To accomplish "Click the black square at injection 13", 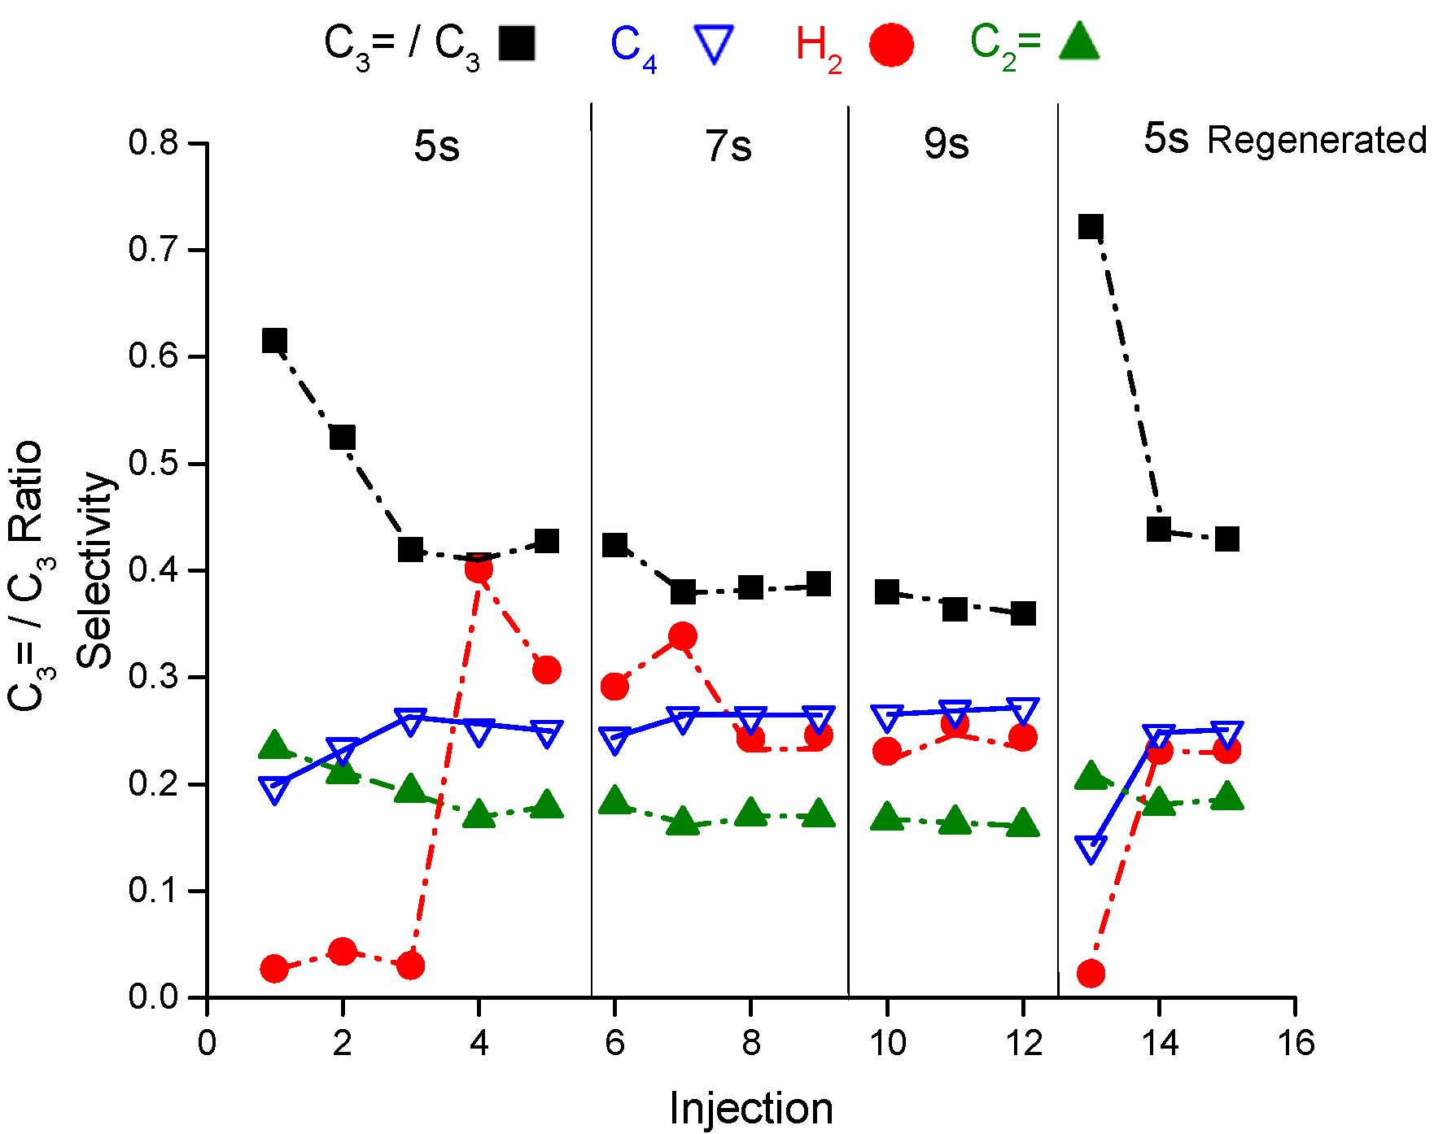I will (x=1091, y=226).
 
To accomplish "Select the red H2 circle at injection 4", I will (x=479, y=569).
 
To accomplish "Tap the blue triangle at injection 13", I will (x=1091, y=848).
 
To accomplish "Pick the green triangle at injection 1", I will (x=275, y=744).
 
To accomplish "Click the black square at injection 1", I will (x=274, y=341).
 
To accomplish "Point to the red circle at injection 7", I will (x=683, y=636).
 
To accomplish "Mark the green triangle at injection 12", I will (x=1023, y=823).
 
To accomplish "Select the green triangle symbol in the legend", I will (x=1079, y=42).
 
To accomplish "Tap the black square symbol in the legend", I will (x=517, y=44).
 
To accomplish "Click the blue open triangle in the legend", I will (x=714, y=44).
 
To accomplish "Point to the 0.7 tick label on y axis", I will (x=153, y=249).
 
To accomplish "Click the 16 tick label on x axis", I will (x=1296, y=1043).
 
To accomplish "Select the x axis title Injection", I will (x=750, y=1108).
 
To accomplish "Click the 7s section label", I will (x=728, y=146).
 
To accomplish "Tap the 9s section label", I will (x=947, y=144).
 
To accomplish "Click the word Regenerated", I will (x=1316, y=140).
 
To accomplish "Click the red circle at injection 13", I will (x=1091, y=973).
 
